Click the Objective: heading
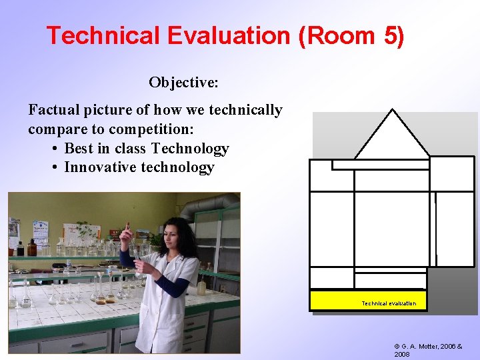[183, 83]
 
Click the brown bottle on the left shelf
[31, 247]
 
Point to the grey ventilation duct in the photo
[207, 203]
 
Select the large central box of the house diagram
[392, 229]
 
